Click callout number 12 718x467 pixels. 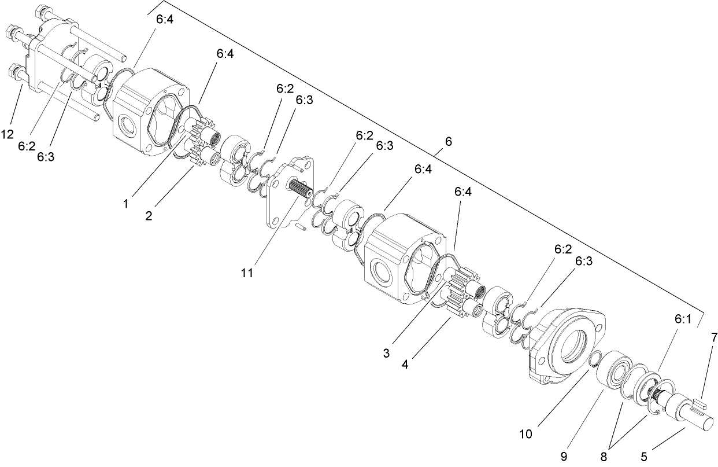pyautogui.click(x=8, y=134)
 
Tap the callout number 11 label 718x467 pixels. pyautogui.click(x=247, y=273)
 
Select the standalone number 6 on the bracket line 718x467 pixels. pyautogui.click(x=449, y=141)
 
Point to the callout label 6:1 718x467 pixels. pyautogui.click(x=683, y=318)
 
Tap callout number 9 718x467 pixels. pyautogui.click(x=564, y=455)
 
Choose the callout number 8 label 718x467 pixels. pyautogui.click(x=604, y=456)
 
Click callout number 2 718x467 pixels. pyautogui.click(x=149, y=216)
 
